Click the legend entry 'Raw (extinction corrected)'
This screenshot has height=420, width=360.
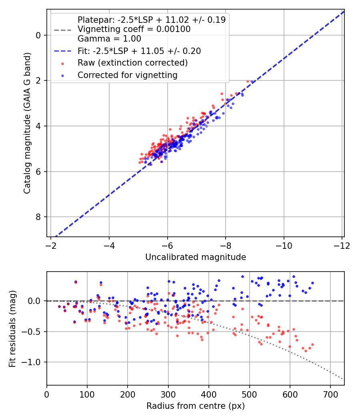[x=132, y=63]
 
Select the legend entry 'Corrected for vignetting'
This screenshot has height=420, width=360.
[x=127, y=75]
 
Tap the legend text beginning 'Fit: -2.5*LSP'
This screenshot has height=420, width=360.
[x=139, y=51]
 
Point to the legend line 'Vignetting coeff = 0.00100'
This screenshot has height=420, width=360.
[x=134, y=29]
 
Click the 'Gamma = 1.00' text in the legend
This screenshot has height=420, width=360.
[x=109, y=39]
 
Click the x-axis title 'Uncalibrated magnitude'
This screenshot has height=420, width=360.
[x=195, y=257]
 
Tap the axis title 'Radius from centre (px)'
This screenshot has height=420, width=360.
[x=195, y=406]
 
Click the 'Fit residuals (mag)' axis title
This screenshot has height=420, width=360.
[x=13, y=328]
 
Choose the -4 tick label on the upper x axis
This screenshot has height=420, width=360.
[x=109, y=245]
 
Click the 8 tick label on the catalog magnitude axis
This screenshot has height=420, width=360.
[x=38, y=217]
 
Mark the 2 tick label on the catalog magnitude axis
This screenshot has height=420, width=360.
[x=38, y=81]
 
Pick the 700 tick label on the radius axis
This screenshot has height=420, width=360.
[x=330, y=394]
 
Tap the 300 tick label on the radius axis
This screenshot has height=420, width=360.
[x=168, y=394]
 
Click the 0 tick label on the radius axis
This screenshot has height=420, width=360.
[x=47, y=394]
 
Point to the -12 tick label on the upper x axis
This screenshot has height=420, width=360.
[x=342, y=245]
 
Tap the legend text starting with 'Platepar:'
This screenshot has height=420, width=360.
[x=151, y=20]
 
